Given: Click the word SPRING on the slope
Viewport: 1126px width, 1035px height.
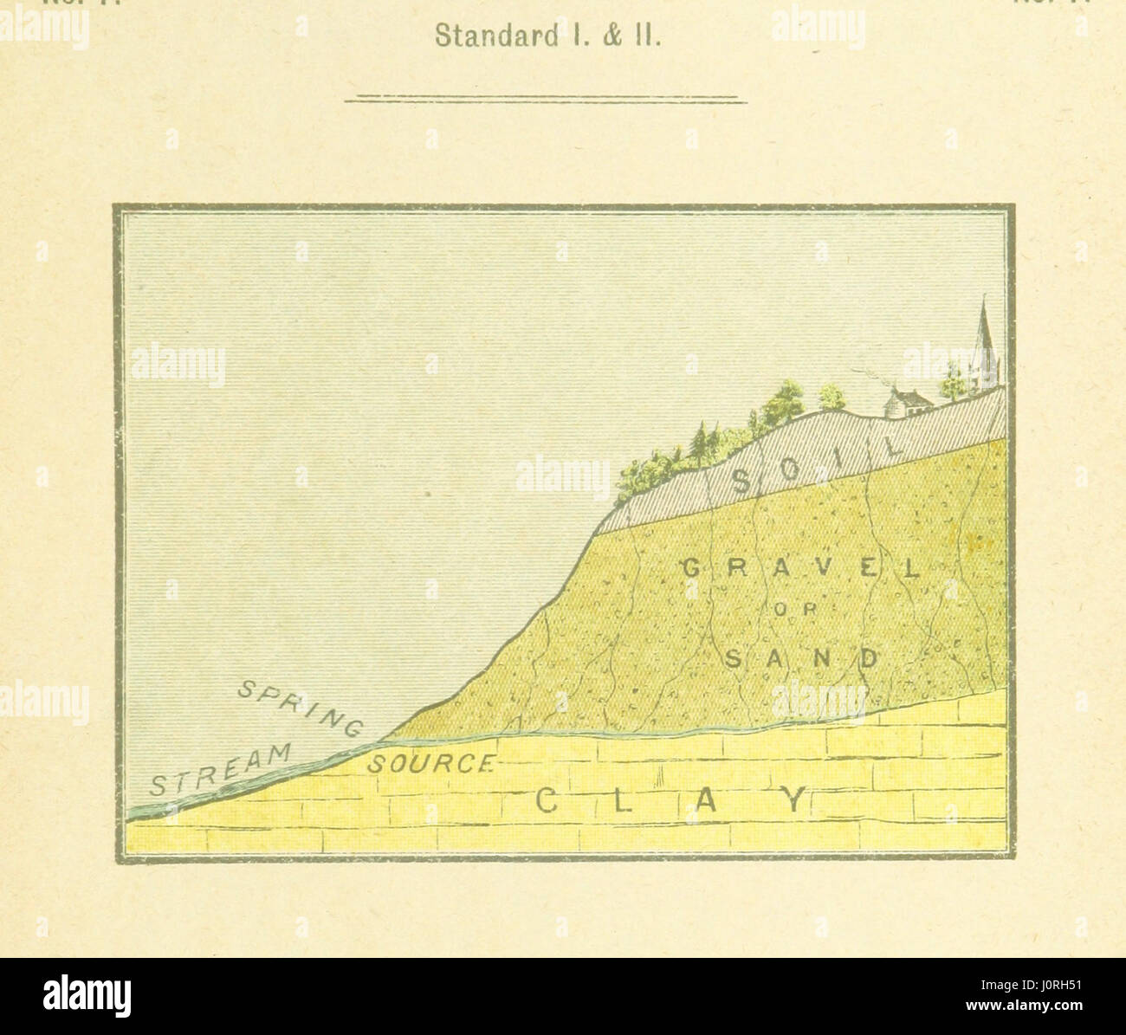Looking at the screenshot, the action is point(300,707).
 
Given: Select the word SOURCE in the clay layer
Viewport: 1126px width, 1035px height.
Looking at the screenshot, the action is point(430,764).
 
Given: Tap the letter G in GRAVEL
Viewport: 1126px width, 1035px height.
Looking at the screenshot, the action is point(690,569).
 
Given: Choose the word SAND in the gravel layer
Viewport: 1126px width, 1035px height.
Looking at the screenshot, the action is point(799,659).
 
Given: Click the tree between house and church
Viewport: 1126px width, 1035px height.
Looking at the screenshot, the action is point(951,382).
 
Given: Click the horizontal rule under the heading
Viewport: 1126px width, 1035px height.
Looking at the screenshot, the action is point(546,100).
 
